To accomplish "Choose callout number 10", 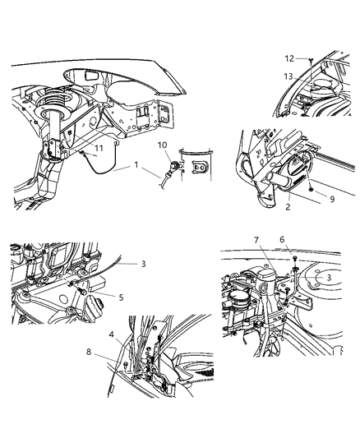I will click(162, 145).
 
